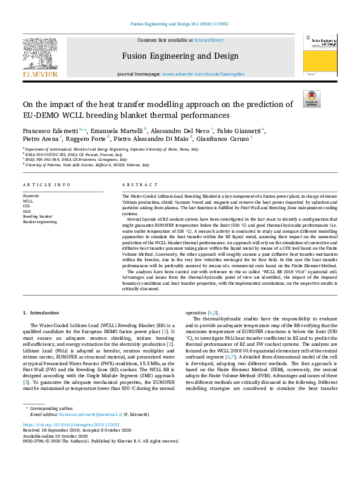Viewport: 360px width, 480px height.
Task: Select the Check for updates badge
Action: [x=311, y=99]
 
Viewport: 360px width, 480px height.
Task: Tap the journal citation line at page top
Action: [x=180, y=24]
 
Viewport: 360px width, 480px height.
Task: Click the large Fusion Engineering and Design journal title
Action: [x=180, y=57]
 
